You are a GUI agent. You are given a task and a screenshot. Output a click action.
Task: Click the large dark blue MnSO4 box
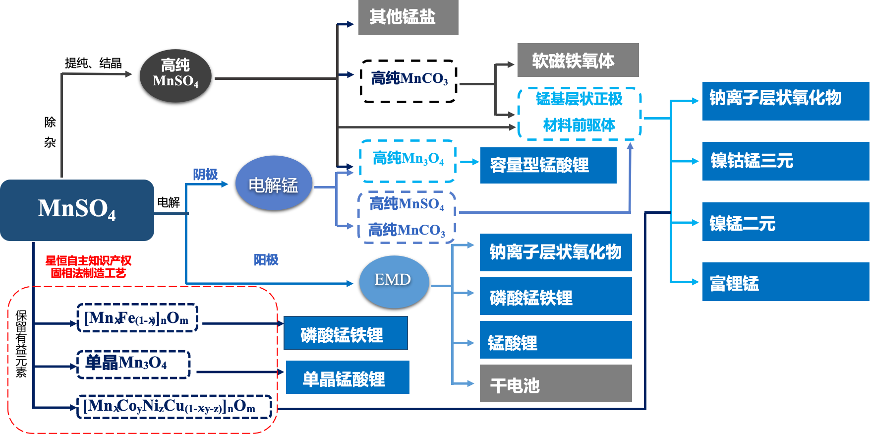[77, 210]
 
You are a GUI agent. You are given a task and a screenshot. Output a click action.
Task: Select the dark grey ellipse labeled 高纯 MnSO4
[175, 75]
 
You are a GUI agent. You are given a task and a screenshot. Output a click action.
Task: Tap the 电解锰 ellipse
[273, 183]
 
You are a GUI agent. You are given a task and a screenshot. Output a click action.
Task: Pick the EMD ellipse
[394, 281]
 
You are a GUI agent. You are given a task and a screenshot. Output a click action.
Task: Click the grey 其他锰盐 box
[408, 17]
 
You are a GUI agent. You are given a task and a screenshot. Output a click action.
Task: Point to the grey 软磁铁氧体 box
[578, 60]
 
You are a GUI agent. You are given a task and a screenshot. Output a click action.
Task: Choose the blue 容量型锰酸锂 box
[548, 165]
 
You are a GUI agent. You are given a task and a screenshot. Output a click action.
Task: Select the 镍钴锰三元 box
[785, 161]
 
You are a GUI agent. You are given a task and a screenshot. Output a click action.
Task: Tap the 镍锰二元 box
[785, 222]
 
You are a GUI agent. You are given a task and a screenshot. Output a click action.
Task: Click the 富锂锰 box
[785, 282]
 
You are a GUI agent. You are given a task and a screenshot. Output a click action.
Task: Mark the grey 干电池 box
[555, 383]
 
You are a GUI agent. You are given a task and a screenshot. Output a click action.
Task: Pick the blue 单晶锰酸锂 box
[347, 377]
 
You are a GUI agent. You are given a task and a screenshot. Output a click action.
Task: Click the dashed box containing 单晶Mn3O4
[134, 364]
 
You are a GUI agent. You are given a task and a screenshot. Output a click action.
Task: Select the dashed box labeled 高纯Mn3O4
[407, 160]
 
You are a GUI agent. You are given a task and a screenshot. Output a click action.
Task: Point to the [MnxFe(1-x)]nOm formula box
[137, 318]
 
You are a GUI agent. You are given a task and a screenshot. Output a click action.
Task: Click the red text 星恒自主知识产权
[88, 260]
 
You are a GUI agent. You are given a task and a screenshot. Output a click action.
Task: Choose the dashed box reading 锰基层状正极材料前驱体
[579, 113]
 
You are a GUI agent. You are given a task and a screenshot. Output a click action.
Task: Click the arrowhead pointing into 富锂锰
[695, 282]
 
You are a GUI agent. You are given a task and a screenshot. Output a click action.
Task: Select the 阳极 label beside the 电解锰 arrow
[205, 174]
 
